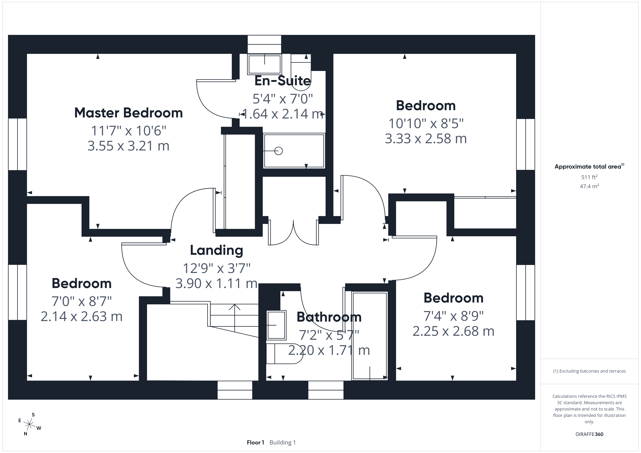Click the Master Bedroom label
pos(128,113)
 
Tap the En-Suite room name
pos(283,81)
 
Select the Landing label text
pos(216,250)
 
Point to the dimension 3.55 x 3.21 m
pos(128,146)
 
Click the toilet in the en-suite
pos(301,72)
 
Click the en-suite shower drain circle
pos(279,151)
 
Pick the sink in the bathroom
pos(276,325)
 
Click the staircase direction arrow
pos(235,318)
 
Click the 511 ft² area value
pos(589,177)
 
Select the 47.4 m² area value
pos(589,186)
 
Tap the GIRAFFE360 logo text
pos(589,434)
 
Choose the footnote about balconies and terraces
pos(589,371)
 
